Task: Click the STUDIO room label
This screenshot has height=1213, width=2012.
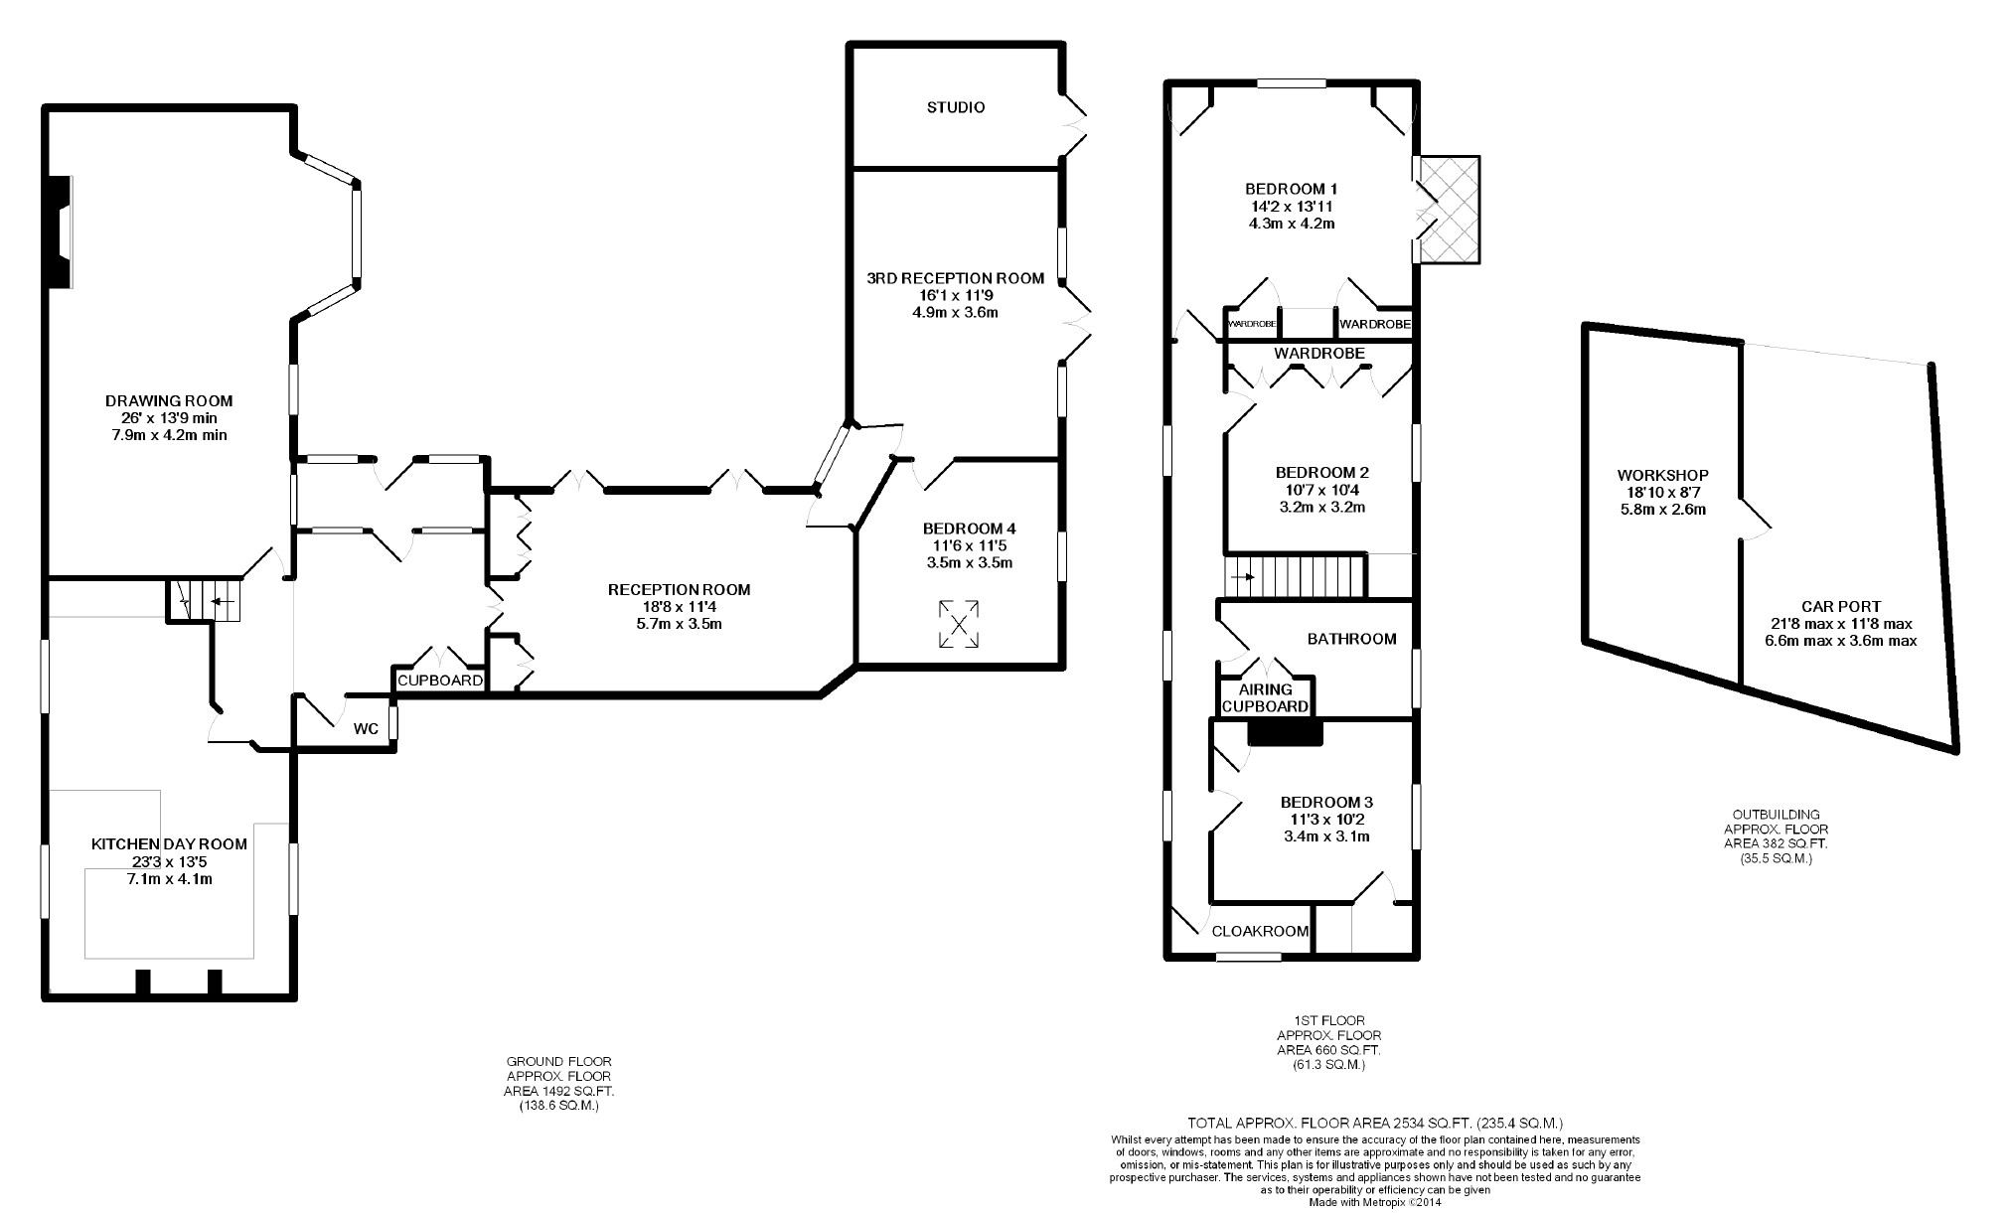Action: (x=956, y=107)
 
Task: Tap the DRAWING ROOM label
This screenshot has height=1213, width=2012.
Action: (x=169, y=401)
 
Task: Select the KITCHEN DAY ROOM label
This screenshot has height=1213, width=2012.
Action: (x=169, y=844)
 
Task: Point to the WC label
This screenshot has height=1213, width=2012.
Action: (x=367, y=729)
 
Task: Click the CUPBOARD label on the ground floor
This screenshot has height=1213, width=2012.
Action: (x=440, y=682)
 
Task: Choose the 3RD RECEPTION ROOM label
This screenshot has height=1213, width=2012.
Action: (x=955, y=278)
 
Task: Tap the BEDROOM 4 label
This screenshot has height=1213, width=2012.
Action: (x=969, y=529)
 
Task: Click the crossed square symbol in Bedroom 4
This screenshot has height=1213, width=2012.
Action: (x=959, y=624)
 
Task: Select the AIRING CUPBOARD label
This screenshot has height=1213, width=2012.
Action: (x=1265, y=697)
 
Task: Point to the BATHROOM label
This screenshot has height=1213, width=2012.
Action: (x=1352, y=640)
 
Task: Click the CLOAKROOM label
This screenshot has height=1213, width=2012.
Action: (x=1258, y=932)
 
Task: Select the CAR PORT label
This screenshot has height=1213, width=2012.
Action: (x=1841, y=606)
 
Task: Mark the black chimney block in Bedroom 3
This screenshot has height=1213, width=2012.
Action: (x=1286, y=732)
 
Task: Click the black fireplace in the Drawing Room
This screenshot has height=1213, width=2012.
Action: (x=61, y=232)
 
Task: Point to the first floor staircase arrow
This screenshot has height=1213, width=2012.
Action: (x=1243, y=576)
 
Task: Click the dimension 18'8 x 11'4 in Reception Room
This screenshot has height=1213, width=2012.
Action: (x=679, y=607)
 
